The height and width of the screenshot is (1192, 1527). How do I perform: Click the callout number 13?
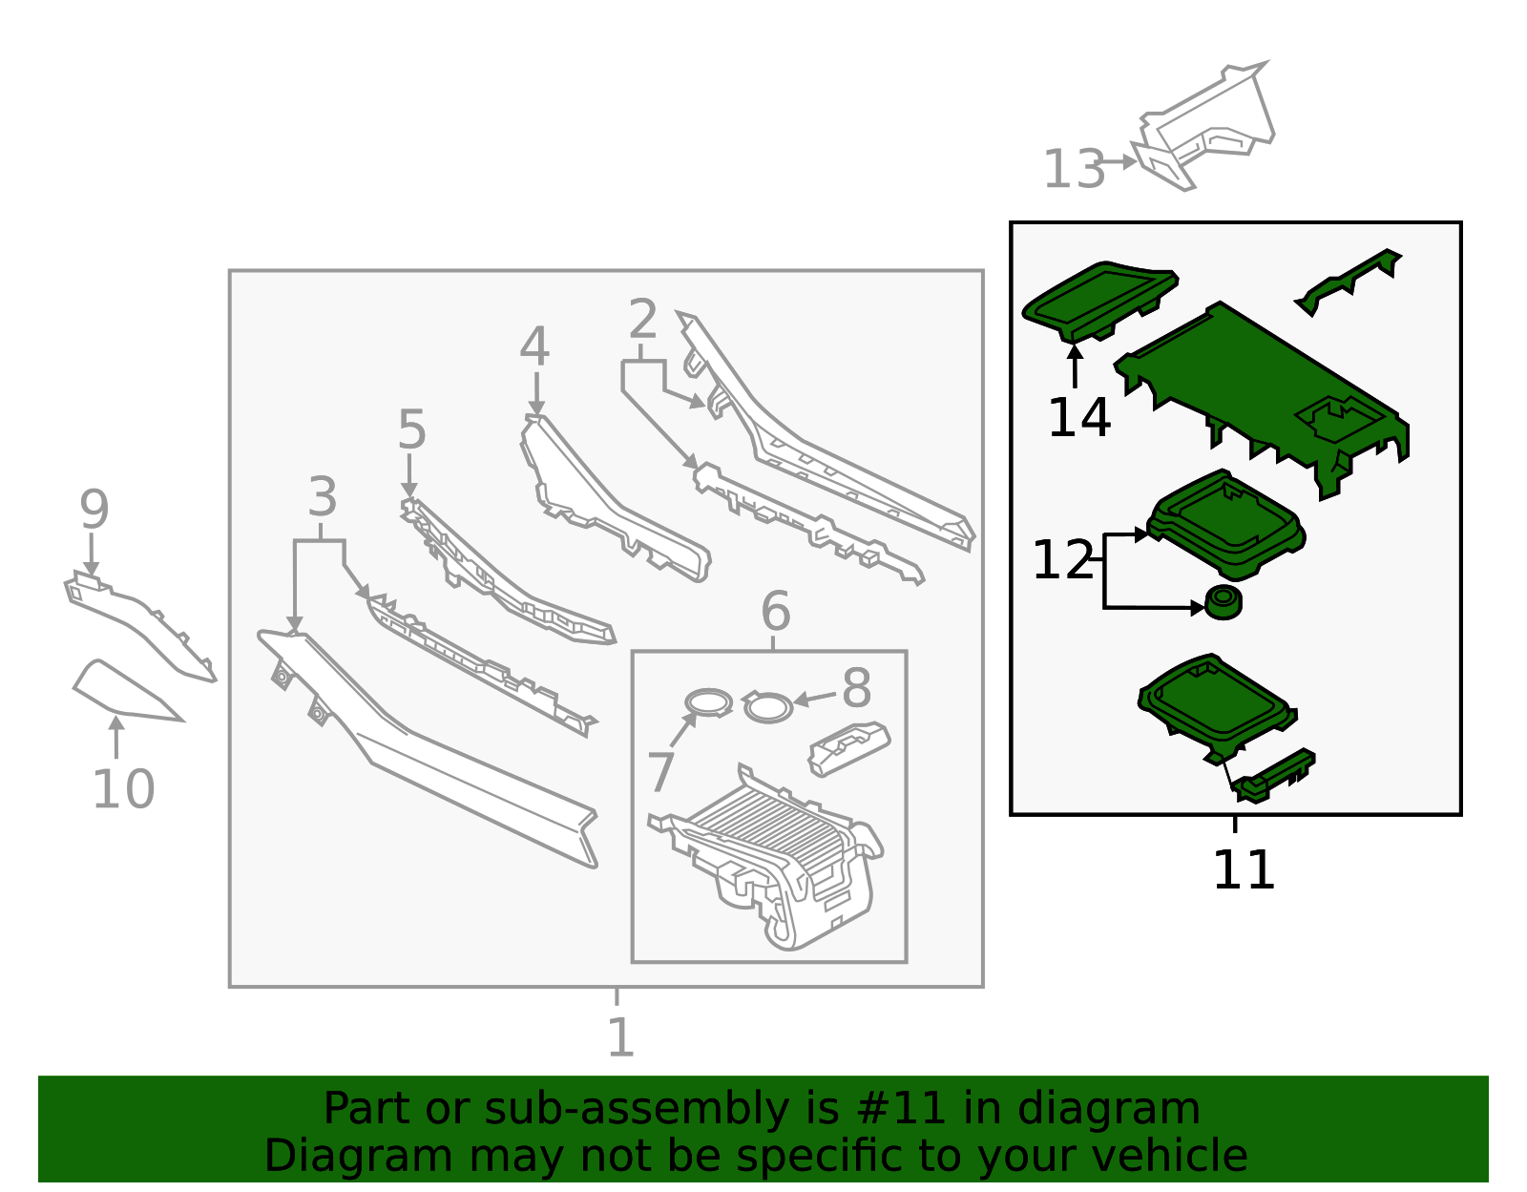(1073, 169)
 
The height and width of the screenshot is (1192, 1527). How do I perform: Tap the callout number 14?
(1079, 418)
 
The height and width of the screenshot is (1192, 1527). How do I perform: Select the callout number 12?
(1062, 560)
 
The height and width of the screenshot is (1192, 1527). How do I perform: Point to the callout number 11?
(1244, 870)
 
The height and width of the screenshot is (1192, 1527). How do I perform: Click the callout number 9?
(94, 510)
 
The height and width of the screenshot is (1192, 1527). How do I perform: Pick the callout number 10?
(123, 789)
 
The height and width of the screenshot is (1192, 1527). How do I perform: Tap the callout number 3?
(323, 497)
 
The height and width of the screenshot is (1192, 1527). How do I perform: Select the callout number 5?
(411, 429)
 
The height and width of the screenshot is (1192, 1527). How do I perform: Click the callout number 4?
(534, 346)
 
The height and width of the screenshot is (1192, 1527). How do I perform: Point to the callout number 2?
(643, 319)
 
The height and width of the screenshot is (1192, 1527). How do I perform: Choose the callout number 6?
(776, 611)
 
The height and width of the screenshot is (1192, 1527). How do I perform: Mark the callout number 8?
(857, 688)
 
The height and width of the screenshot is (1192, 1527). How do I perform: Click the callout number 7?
(660, 772)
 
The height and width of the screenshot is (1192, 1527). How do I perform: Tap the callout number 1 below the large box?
(620, 1037)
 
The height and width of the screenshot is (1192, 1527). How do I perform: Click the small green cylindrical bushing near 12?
(1224, 602)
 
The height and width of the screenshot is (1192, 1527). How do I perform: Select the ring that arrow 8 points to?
(767, 707)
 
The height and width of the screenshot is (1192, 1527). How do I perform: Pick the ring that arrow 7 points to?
(708, 702)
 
